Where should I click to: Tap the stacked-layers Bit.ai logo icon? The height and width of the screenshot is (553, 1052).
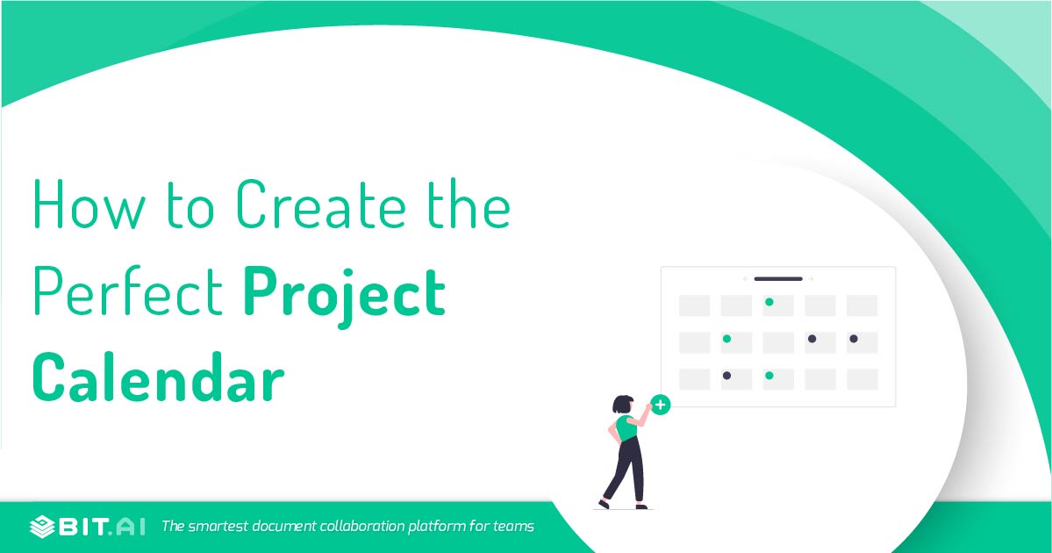pyautogui.click(x=41, y=527)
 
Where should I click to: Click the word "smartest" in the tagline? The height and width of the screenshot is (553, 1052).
pyautogui.click(x=220, y=527)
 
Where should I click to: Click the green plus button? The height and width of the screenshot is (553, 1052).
pyautogui.click(x=661, y=406)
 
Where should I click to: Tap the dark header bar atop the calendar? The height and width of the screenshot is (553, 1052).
pyautogui.click(x=777, y=279)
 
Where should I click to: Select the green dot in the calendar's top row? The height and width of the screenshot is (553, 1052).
pyautogui.click(x=769, y=302)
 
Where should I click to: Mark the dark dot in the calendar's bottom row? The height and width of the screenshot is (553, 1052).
pyautogui.click(x=727, y=376)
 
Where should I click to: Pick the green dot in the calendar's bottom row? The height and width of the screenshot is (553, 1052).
pyautogui.click(x=769, y=376)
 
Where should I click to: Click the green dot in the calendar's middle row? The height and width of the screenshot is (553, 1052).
pyautogui.click(x=727, y=339)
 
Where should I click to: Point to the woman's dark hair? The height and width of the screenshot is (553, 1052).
pyautogui.click(x=622, y=405)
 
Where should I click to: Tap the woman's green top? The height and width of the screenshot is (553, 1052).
pyautogui.click(x=626, y=427)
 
